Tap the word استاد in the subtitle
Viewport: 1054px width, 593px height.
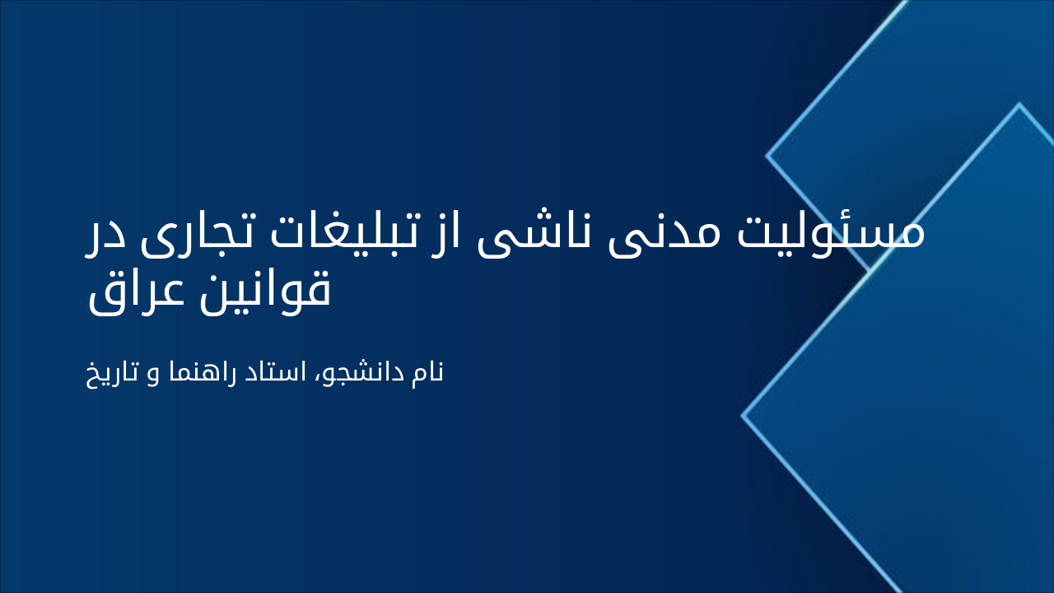[x=276, y=373]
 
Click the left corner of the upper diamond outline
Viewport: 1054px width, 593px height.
[x=767, y=154]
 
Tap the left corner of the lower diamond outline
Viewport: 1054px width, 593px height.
[x=743, y=416]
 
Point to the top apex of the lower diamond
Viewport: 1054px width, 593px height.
[x=1019, y=104]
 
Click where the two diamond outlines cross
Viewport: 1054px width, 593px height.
[x=870, y=268]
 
